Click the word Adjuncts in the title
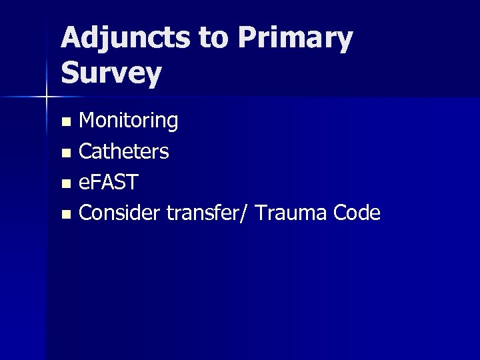[x=125, y=40]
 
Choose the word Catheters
[x=124, y=152]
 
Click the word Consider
[x=117, y=213]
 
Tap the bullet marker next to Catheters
[x=65, y=153]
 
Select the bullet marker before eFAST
[x=65, y=184]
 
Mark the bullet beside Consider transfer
[x=65, y=215]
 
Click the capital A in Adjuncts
[x=71, y=40]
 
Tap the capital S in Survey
[x=70, y=73]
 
